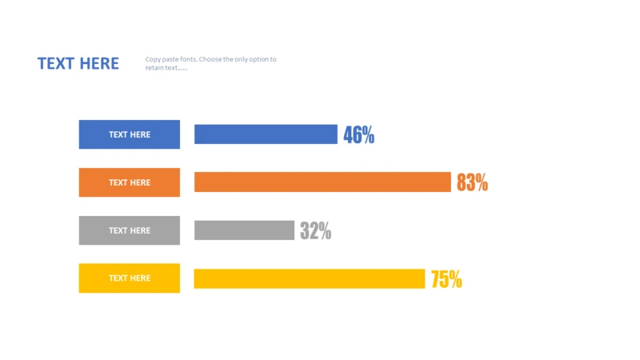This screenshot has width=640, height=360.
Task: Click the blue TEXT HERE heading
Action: [x=78, y=64]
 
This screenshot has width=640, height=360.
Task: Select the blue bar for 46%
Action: [x=266, y=134]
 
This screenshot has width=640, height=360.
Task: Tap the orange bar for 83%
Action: [x=322, y=182]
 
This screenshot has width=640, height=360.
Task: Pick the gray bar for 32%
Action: [x=244, y=230]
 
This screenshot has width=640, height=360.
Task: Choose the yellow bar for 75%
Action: [x=309, y=278]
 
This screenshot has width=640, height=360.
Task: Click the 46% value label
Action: [x=358, y=134]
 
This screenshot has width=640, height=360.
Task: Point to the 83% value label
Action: [x=472, y=182]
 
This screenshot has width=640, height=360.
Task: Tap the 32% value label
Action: [x=315, y=230]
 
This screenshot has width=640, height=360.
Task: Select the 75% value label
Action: [x=446, y=278]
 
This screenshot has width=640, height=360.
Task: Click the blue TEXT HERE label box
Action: [x=129, y=134]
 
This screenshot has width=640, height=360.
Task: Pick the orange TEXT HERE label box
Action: [x=129, y=182]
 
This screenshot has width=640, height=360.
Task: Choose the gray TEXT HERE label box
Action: [x=129, y=230]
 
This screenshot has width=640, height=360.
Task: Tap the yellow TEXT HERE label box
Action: [x=129, y=278]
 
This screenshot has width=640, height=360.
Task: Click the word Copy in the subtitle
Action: [x=153, y=59]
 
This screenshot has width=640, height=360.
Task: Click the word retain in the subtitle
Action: [x=155, y=68]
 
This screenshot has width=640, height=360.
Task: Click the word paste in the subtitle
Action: [x=170, y=59]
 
